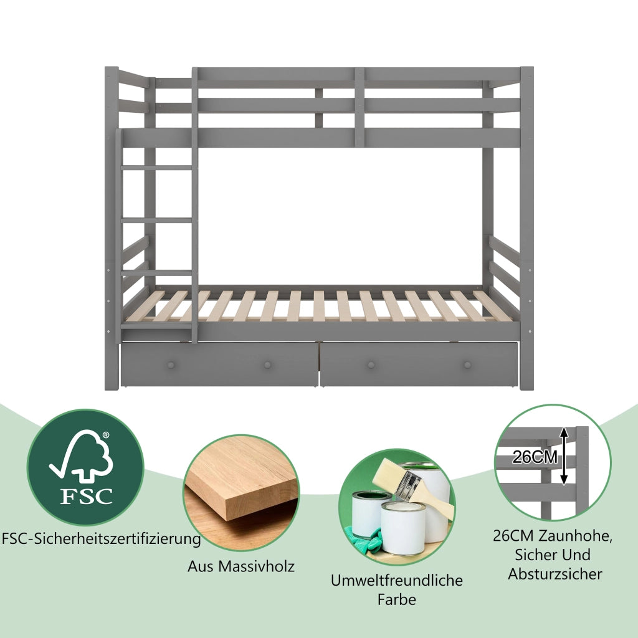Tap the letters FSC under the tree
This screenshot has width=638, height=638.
(86, 496)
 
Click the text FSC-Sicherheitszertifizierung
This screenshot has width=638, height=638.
(102, 539)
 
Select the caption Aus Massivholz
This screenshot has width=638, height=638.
(241, 566)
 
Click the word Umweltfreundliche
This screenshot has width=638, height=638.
(397, 580)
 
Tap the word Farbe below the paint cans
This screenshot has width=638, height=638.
(397, 599)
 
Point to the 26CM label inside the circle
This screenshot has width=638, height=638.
(535, 457)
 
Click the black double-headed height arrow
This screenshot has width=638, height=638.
(563, 455)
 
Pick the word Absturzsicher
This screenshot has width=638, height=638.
(555, 574)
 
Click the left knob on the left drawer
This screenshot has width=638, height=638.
(171, 364)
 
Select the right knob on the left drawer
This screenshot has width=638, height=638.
(267, 364)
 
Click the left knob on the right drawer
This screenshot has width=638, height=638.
(371, 364)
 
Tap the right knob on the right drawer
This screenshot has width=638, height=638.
(467, 364)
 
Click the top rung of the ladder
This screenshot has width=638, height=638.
(156, 167)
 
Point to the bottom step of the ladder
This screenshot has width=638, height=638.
(156, 326)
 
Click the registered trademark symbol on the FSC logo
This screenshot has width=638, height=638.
(106, 435)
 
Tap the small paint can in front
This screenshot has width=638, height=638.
(403, 528)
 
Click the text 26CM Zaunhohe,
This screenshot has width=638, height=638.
(553, 536)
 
